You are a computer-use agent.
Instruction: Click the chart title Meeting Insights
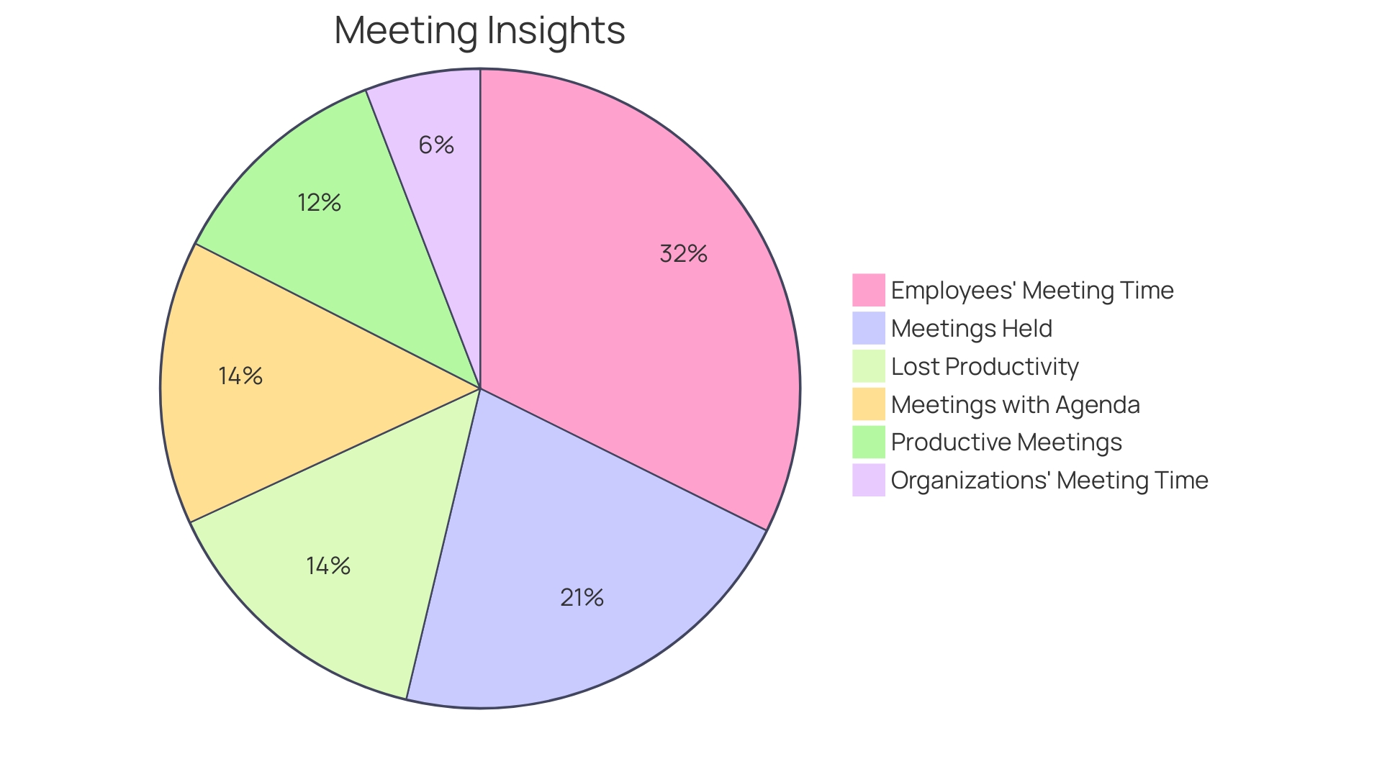click(x=479, y=31)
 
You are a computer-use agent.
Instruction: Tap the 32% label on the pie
click(x=683, y=254)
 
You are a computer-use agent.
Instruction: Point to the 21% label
click(x=582, y=598)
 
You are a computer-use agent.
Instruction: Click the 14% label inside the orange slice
click(x=240, y=376)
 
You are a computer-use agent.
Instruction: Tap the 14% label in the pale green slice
click(x=328, y=566)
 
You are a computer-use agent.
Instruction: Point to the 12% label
click(x=319, y=203)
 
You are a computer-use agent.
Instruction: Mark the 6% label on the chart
click(x=436, y=145)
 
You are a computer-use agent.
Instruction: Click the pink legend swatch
click(x=868, y=290)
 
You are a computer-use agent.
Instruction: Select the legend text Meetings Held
click(x=971, y=329)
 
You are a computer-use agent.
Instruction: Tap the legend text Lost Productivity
click(x=984, y=367)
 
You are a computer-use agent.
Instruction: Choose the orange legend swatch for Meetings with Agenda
click(x=868, y=404)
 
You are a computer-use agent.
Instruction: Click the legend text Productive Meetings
click(x=1006, y=442)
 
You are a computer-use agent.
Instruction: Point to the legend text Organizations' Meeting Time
click(x=1049, y=481)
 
